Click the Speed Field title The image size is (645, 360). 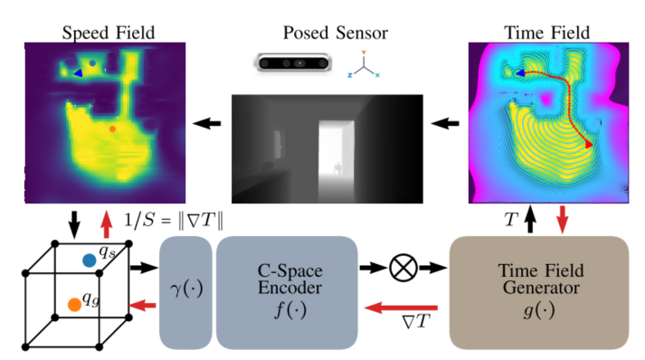(x=109, y=33)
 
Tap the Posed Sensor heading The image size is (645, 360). (x=336, y=33)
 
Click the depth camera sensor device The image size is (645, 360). (x=292, y=63)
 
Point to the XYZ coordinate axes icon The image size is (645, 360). (x=364, y=64)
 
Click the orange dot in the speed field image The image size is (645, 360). (x=112, y=128)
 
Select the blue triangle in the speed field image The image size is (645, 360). (x=78, y=73)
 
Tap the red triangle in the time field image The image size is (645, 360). (x=589, y=145)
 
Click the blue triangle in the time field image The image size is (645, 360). (x=520, y=73)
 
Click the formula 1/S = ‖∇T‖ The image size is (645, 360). (x=173, y=221)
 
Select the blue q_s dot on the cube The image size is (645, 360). (x=90, y=261)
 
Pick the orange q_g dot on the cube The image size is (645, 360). (x=74, y=305)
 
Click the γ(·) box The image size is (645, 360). (x=186, y=292)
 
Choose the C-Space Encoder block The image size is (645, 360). (x=287, y=292)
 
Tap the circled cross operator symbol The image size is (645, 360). (x=403, y=268)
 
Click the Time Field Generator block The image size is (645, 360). (x=539, y=292)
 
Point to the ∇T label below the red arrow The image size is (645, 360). (x=416, y=321)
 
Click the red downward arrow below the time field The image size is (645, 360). (x=563, y=219)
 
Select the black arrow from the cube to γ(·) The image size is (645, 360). (x=144, y=268)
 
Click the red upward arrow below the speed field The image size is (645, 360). (x=107, y=224)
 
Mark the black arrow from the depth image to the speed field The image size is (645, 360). (x=207, y=123)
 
